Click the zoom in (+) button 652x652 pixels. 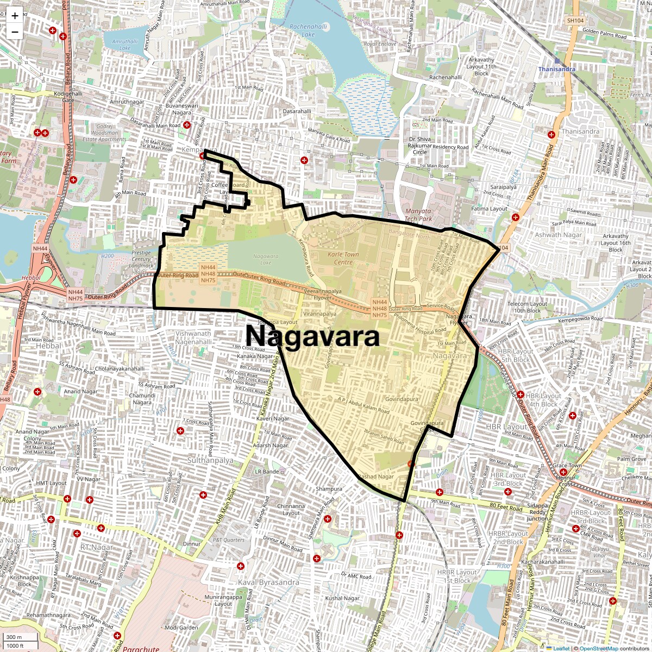point(15,15)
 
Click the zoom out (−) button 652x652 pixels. point(15,32)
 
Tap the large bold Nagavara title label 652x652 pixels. point(313,336)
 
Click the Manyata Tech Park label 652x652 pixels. point(418,215)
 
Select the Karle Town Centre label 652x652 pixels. point(343,258)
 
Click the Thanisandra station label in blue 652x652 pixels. point(559,70)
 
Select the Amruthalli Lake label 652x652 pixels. point(124,45)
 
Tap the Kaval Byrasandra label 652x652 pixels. point(268,582)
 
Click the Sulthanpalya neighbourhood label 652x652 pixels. point(210,460)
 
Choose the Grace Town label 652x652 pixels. point(567,466)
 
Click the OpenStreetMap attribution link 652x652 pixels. point(599,648)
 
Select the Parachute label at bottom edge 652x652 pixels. point(141,649)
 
